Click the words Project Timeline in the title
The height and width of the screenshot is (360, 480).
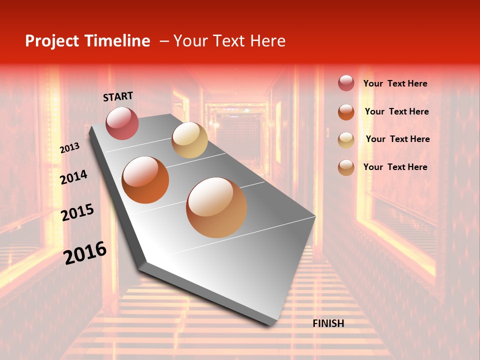tap(87, 41)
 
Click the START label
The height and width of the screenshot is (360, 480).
tap(118, 96)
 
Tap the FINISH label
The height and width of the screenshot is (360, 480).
tap(328, 323)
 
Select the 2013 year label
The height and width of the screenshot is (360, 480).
tap(70, 148)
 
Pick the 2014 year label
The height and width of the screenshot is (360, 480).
tap(73, 177)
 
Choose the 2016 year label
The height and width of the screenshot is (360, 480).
tap(85, 253)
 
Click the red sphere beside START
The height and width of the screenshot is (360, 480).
tap(122, 123)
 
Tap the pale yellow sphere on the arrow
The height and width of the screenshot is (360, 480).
tap(189, 140)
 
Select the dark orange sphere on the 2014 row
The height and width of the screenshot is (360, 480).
tap(145, 180)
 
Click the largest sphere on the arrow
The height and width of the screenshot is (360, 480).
tap(216, 207)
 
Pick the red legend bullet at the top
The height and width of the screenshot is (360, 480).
tap(346, 83)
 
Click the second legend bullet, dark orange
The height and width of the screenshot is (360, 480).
tap(346, 111)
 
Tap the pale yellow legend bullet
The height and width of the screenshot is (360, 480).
tap(346, 139)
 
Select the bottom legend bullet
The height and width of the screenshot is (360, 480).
tap(346, 167)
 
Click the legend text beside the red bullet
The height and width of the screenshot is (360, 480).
tap(395, 83)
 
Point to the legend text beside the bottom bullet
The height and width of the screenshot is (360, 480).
tap(395, 167)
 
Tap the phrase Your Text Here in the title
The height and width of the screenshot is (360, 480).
tap(229, 41)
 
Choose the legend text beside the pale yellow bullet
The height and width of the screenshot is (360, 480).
tap(397, 139)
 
